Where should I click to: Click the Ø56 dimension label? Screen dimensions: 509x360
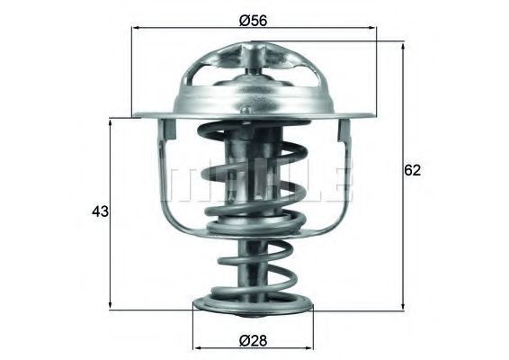coord(253,21)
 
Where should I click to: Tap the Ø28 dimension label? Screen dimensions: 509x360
coord(253,340)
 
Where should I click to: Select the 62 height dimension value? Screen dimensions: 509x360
coord(412,170)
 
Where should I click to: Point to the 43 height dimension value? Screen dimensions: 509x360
coord(101,211)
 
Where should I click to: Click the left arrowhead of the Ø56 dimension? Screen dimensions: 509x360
coord(137,28)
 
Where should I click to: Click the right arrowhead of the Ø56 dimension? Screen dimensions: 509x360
coord(372,28)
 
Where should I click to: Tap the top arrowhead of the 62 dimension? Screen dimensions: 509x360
coord(403,46)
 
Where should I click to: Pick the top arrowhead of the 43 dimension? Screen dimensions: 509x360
coord(111,123)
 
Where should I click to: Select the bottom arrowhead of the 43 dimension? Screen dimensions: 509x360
coord(111,304)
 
